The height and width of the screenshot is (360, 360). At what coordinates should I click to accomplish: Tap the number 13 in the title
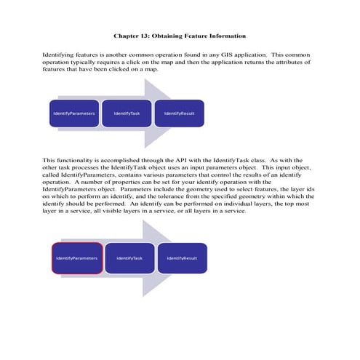pyautogui.click(x=148, y=36)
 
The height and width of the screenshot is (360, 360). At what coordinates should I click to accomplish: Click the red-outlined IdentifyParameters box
pyautogui.click(x=76, y=258)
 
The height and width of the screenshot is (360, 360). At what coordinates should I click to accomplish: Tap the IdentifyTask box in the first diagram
pyautogui.click(x=127, y=113)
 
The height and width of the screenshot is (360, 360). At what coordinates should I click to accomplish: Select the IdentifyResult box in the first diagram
pyautogui.click(x=178, y=113)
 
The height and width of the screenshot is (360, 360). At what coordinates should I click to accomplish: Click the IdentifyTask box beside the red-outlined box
pyautogui.click(x=129, y=258)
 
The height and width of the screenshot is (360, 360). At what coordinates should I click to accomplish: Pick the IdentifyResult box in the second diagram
pyautogui.click(x=182, y=258)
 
